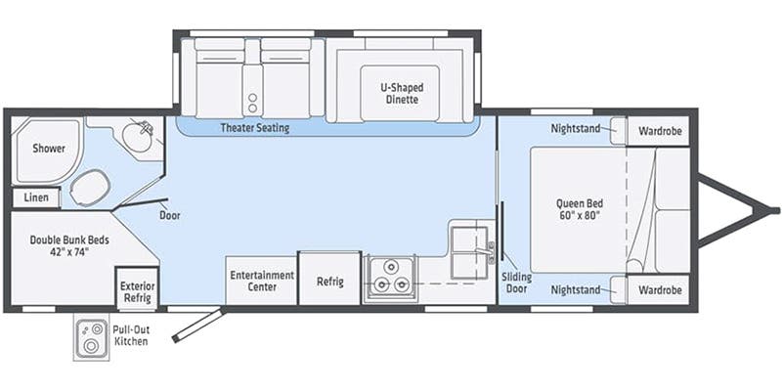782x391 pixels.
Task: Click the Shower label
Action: pyautogui.click(x=49, y=149)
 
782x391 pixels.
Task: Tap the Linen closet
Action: pyautogui.click(x=36, y=197)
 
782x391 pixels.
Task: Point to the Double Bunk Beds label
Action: pyautogui.click(x=69, y=245)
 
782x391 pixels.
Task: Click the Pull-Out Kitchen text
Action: pyautogui.click(x=131, y=335)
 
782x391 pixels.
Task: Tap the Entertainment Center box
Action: pyautogui.click(x=262, y=281)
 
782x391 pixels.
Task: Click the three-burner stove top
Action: pyautogui.click(x=389, y=280)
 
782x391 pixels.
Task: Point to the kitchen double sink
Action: pyautogui.click(x=469, y=252)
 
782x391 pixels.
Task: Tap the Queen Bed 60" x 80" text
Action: pyautogui.click(x=580, y=209)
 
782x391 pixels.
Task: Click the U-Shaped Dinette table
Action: pyautogui.click(x=400, y=93)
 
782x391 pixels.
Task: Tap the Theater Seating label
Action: pyautogui.click(x=255, y=128)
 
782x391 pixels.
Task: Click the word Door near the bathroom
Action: pyautogui.click(x=169, y=216)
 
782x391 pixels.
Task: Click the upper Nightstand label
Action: pyautogui.click(x=576, y=129)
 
